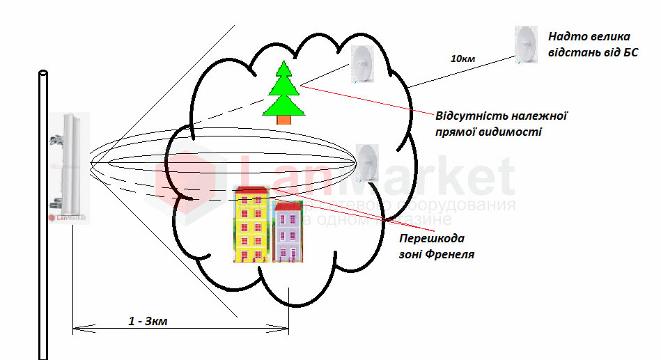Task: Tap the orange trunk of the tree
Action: point(284,120)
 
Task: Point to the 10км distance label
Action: point(462,59)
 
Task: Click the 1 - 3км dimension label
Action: point(148,321)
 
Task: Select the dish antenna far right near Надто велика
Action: point(525,45)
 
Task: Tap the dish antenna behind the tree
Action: point(361,64)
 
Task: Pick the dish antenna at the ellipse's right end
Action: point(368,163)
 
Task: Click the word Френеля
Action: point(451,254)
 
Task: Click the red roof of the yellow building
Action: point(252,189)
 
